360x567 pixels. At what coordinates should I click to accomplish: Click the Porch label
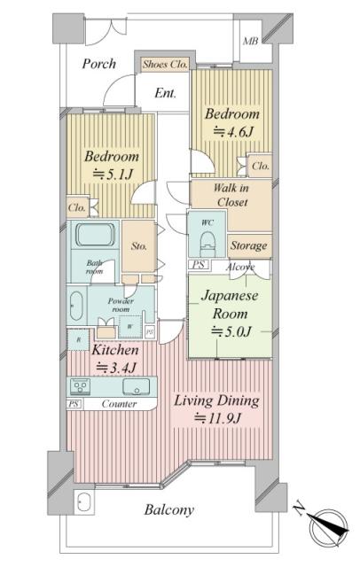(98, 64)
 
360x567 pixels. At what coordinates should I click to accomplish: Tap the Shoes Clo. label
(165, 65)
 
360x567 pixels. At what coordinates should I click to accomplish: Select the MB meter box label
(250, 42)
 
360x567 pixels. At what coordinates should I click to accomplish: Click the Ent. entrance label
(165, 93)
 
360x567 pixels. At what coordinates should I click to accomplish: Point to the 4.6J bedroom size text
(232, 132)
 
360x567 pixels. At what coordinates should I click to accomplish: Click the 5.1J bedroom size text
(113, 175)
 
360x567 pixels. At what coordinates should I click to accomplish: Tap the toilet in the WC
(207, 241)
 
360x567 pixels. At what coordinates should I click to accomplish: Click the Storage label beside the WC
(249, 246)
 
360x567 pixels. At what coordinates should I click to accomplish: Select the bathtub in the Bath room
(96, 235)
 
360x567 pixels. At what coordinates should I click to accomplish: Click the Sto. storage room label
(139, 246)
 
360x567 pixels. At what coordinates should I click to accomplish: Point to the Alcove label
(240, 267)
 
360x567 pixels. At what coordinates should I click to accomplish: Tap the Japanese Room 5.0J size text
(231, 331)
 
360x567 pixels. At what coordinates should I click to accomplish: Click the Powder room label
(121, 305)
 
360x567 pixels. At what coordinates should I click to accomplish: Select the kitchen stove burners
(80, 386)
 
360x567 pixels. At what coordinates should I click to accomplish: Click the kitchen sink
(136, 386)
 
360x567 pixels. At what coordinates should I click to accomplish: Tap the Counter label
(119, 404)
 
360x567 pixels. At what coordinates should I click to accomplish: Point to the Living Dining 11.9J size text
(217, 418)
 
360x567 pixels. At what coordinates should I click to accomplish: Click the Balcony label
(169, 510)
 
